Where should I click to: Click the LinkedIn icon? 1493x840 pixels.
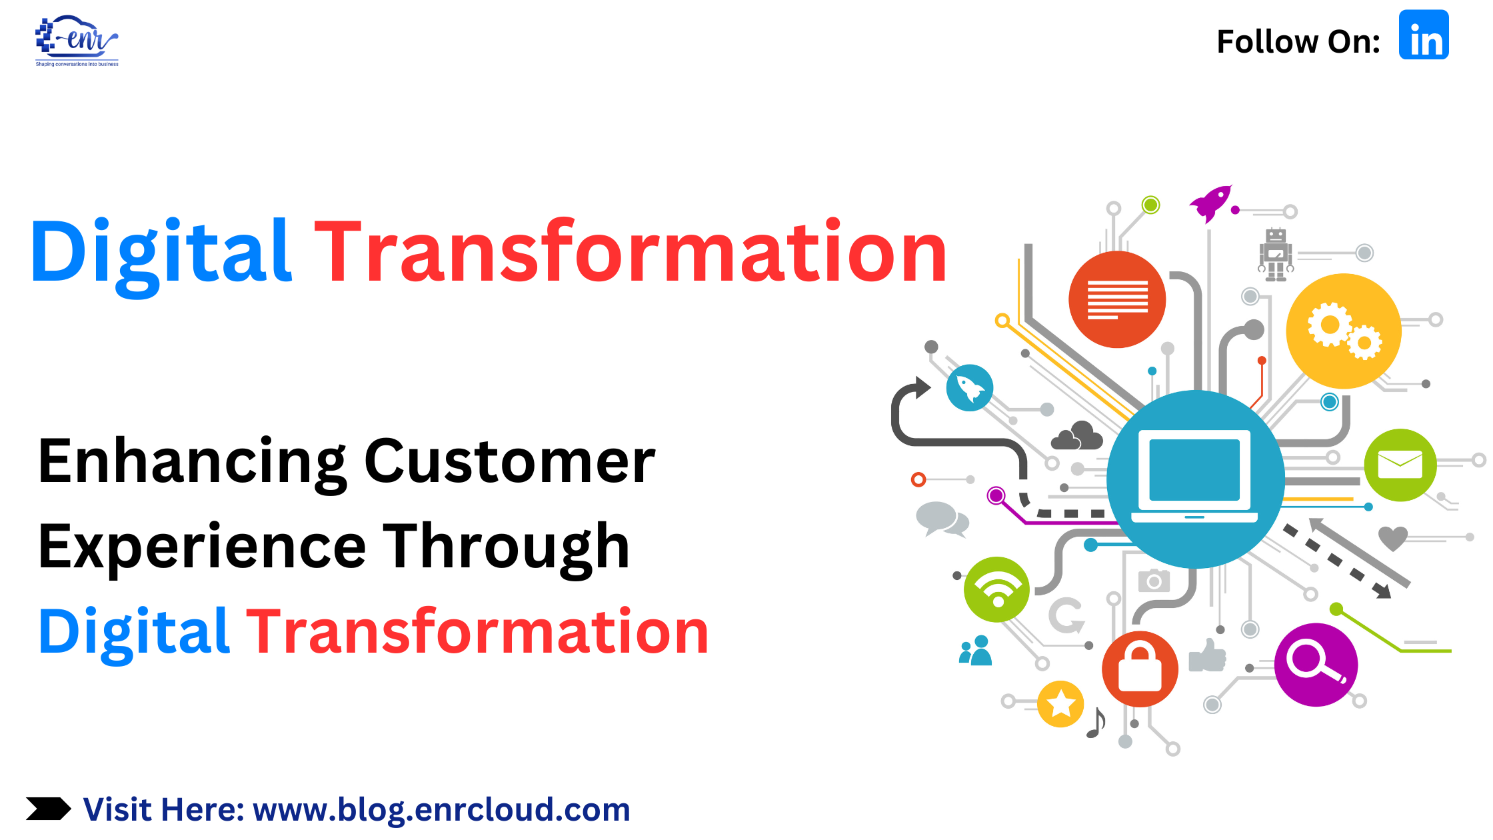(x=1424, y=35)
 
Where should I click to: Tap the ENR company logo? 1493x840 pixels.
(x=77, y=41)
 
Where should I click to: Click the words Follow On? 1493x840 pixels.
(x=1298, y=41)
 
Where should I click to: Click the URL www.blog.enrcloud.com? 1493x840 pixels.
(x=441, y=810)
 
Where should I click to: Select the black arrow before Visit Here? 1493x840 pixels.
(x=49, y=809)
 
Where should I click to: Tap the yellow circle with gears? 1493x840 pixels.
(x=1343, y=331)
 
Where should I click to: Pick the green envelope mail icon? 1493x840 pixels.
(x=1400, y=465)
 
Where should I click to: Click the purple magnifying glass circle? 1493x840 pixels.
(x=1316, y=665)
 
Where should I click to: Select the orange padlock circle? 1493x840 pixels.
(x=1140, y=669)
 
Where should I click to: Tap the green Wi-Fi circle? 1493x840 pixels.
(x=997, y=589)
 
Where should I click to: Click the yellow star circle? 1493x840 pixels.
(x=1060, y=704)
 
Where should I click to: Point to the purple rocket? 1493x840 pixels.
(x=1211, y=203)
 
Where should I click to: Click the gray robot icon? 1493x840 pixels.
(x=1276, y=254)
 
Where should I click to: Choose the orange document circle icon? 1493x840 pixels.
(x=1117, y=299)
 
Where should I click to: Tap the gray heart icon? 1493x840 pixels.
(x=1393, y=538)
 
